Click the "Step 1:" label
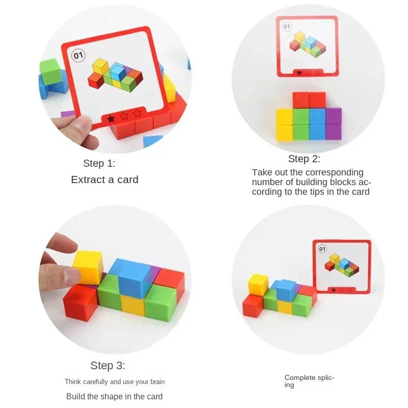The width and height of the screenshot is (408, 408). (x=99, y=164)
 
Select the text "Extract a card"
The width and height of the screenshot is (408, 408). (x=105, y=180)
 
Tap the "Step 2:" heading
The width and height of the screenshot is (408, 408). (x=304, y=159)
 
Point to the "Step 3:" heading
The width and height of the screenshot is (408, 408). (x=108, y=366)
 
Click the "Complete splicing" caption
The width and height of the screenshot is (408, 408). (x=309, y=381)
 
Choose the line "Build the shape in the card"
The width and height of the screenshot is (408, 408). (x=114, y=396)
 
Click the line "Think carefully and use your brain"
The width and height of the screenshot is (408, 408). (x=114, y=381)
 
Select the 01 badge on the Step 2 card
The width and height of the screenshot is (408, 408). (x=286, y=27)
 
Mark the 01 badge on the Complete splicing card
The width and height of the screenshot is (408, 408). (x=322, y=249)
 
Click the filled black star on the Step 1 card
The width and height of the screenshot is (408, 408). (x=111, y=118)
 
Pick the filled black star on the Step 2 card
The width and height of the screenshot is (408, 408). (x=299, y=72)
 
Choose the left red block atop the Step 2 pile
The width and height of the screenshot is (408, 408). (x=301, y=100)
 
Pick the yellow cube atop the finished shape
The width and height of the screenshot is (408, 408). (x=259, y=284)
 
